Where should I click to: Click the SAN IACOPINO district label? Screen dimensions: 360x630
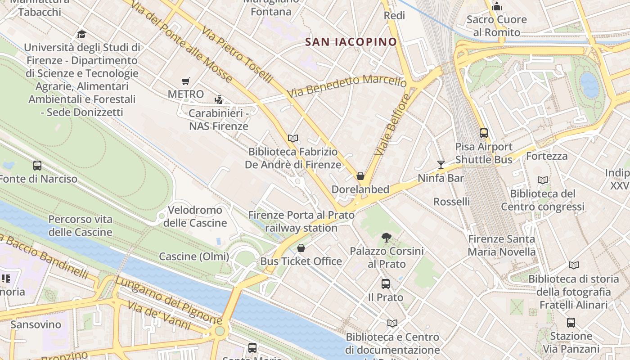click(351, 42)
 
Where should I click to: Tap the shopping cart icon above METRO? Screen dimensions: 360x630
click(186, 81)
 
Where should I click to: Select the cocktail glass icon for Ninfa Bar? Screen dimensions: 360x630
click(441, 165)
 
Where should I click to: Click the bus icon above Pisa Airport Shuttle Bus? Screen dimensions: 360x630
click(484, 133)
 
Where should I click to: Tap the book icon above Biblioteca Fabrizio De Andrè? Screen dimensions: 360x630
click(293, 139)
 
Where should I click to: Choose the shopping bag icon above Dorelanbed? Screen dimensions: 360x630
click(360, 176)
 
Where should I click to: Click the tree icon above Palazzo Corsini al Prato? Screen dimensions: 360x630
click(386, 237)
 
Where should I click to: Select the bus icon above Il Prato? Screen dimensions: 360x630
click(386, 284)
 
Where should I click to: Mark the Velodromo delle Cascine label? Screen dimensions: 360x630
click(195, 216)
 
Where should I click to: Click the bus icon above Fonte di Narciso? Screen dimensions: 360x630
click(37, 166)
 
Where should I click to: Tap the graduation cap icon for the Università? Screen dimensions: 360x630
click(81, 34)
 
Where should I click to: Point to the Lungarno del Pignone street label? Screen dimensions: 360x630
click(169, 300)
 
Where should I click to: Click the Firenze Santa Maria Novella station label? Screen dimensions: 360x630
click(502, 245)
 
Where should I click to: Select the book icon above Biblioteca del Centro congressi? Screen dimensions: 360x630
click(543, 180)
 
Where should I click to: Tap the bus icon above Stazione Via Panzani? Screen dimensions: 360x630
click(571, 323)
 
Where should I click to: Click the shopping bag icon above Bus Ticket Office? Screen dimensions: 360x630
click(301, 248)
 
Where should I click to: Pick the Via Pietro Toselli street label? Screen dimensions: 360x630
click(237, 55)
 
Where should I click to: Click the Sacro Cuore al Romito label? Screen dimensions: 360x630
click(497, 26)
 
